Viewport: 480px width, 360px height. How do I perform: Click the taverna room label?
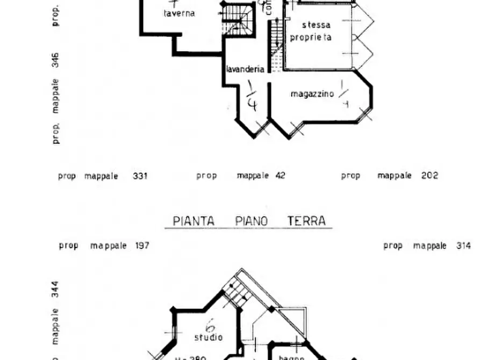[x=179, y=13]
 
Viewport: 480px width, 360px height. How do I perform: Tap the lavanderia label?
[x=245, y=69]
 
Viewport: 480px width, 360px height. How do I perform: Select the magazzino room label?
[x=312, y=94]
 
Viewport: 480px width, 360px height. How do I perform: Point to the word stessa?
[x=316, y=25]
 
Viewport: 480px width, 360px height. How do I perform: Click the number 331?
[x=140, y=176]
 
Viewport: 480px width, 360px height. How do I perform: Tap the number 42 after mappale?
[x=280, y=176]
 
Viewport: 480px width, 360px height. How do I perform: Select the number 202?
[x=430, y=176]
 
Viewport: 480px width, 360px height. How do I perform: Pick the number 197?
[x=141, y=246]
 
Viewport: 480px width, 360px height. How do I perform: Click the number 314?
[x=462, y=246]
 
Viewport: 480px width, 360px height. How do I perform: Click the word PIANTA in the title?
[x=194, y=221]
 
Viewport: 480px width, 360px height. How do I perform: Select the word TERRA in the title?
[x=306, y=221]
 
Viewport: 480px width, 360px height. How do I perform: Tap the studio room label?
[x=209, y=338]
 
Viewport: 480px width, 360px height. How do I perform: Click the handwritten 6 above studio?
[x=210, y=326]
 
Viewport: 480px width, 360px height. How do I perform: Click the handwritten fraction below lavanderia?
[x=251, y=95]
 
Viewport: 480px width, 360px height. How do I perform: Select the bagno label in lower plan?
[x=291, y=357]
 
